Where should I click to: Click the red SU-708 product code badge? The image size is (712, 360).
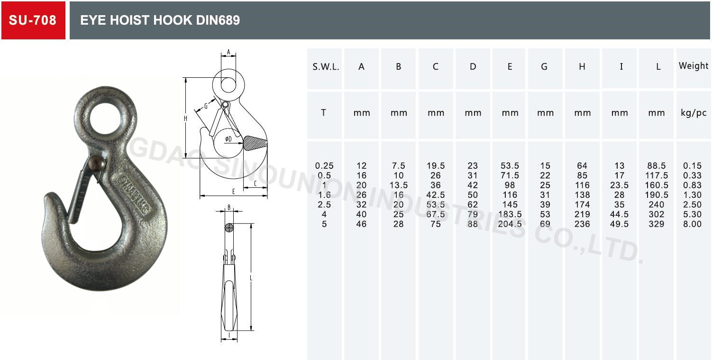[33, 20]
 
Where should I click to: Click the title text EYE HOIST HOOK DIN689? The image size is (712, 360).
[160, 20]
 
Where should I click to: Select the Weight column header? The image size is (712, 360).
[693, 66]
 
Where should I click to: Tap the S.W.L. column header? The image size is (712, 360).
[326, 67]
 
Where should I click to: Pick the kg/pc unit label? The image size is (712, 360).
[693, 113]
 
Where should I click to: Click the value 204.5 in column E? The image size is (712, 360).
[510, 224]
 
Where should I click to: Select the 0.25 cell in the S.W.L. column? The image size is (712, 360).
[324, 166]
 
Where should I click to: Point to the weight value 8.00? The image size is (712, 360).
[692, 224]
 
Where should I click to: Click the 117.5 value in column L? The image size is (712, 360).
[657, 175]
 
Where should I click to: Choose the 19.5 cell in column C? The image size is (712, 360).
[436, 166]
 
